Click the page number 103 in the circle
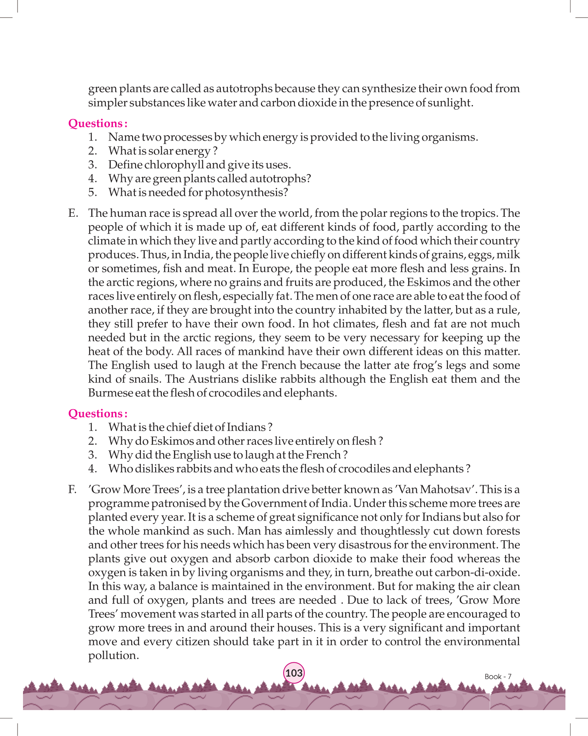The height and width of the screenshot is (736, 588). coord(294,673)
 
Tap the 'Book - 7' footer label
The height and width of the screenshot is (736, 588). coord(498,677)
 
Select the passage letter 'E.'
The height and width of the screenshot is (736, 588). coord(73,213)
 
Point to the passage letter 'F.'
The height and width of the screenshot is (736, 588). coord(72,490)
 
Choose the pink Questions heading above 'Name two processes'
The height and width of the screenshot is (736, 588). coord(97,123)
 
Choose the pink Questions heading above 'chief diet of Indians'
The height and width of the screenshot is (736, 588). coord(97,413)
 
